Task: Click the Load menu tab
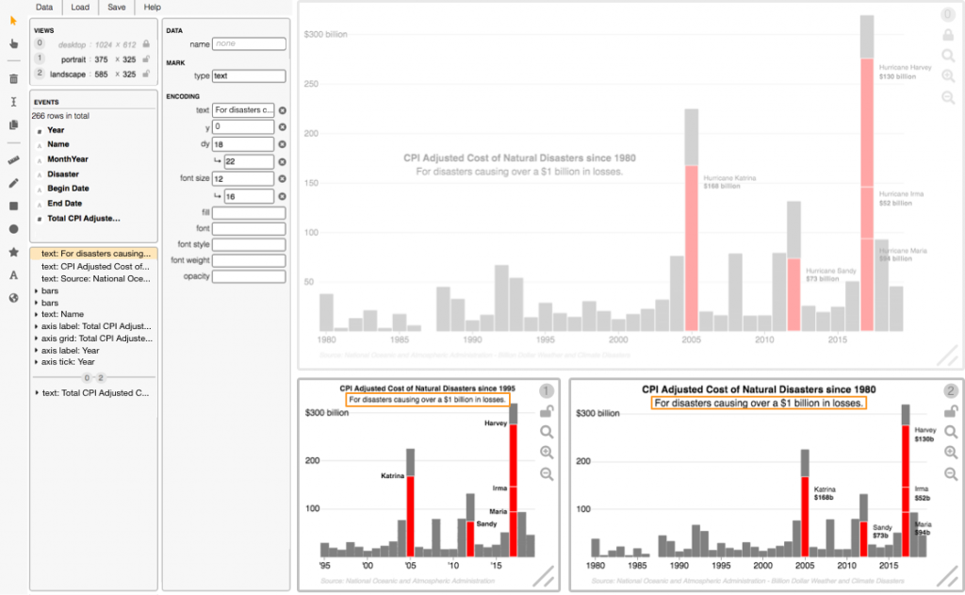point(80,7)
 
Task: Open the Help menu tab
point(152,7)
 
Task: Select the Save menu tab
point(116,7)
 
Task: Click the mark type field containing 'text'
point(249,75)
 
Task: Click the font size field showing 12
point(243,178)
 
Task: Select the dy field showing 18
point(243,143)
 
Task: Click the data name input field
point(249,43)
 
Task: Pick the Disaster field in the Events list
point(63,174)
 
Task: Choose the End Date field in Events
point(64,203)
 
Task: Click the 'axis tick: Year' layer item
point(68,362)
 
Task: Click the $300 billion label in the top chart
point(325,34)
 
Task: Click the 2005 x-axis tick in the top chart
point(691,339)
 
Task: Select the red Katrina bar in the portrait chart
point(410,514)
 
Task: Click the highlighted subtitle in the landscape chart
point(759,403)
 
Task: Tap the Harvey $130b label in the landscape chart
point(924,434)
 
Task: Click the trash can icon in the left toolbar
point(13,79)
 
